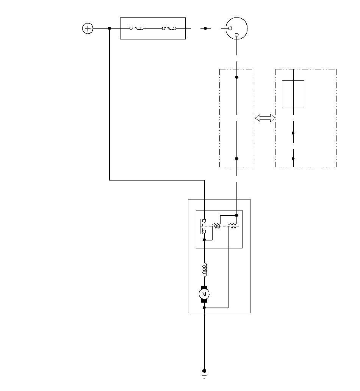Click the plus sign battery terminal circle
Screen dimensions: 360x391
[x=88, y=28]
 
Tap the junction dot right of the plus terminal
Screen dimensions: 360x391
[x=110, y=29]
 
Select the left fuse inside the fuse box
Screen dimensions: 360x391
[x=136, y=28]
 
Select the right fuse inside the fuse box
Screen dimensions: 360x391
[x=169, y=28]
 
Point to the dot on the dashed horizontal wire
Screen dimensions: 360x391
[x=205, y=29]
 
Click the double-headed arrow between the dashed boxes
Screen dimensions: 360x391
[x=265, y=118]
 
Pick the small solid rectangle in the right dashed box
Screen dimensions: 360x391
[x=293, y=94]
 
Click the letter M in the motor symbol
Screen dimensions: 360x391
[x=204, y=294]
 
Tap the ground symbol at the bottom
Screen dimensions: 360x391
[x=204, y=374]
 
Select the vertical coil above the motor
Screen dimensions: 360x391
[x=205, y=270]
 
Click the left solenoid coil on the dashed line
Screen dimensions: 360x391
[x=216, y=226]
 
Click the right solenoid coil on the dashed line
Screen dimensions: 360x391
[x=232, y=226]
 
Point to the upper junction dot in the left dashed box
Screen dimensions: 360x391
[x=237, y=77]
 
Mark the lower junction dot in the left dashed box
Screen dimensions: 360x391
[x=237, y=159]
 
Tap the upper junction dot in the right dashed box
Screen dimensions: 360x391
[x=293, y=133]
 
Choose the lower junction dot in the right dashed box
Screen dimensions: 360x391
[x=293, y=159]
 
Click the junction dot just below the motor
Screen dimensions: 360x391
[x=204, y=308]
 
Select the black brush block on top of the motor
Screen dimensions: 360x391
[x=204, y=288]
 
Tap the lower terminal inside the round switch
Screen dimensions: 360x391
[x=237, y=35]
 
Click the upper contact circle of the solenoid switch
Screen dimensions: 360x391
[x=205, y=221]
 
